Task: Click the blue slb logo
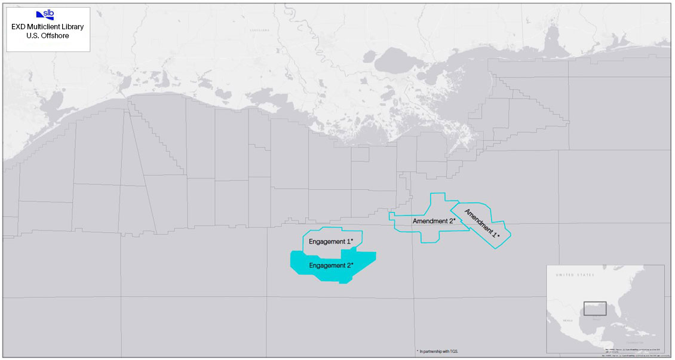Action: [45, 15]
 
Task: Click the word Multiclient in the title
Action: [48, 27]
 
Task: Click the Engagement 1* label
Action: [331, 241]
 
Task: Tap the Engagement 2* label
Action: [331, 264]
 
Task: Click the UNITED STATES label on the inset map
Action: [576, 275]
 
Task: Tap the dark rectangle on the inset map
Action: [595, 308]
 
